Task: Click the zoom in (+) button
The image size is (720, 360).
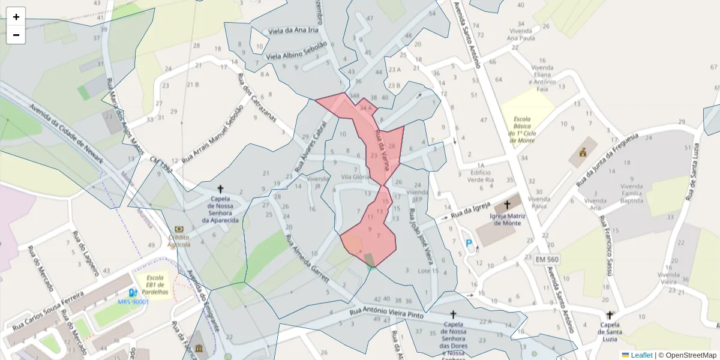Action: click(x=16, y=17)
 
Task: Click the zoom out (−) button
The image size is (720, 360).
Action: click(x=16, y=35)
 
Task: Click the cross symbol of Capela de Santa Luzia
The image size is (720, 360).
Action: click(x=610, y=315)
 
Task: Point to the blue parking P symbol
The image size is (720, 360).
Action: click(x=469, y=243)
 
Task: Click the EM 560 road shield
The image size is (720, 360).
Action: click(x=547, y=259)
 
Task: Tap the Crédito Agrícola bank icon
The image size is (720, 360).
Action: click(x=179, y=229)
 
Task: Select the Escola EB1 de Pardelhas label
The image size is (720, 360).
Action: click(x=155, y=284)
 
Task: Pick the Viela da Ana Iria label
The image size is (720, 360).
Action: click(x=293, y=31)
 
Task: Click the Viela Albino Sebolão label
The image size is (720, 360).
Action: click(x=296, y=50)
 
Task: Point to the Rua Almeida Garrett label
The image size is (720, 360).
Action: click(x=308, y=254)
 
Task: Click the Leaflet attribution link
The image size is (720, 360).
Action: click(x=641, y=355)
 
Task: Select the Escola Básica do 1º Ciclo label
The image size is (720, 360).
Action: click(x=521, y=129)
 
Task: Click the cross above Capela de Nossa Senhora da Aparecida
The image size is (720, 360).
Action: click(x=220, y=188)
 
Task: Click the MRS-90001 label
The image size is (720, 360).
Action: click(x=133, y=302)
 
